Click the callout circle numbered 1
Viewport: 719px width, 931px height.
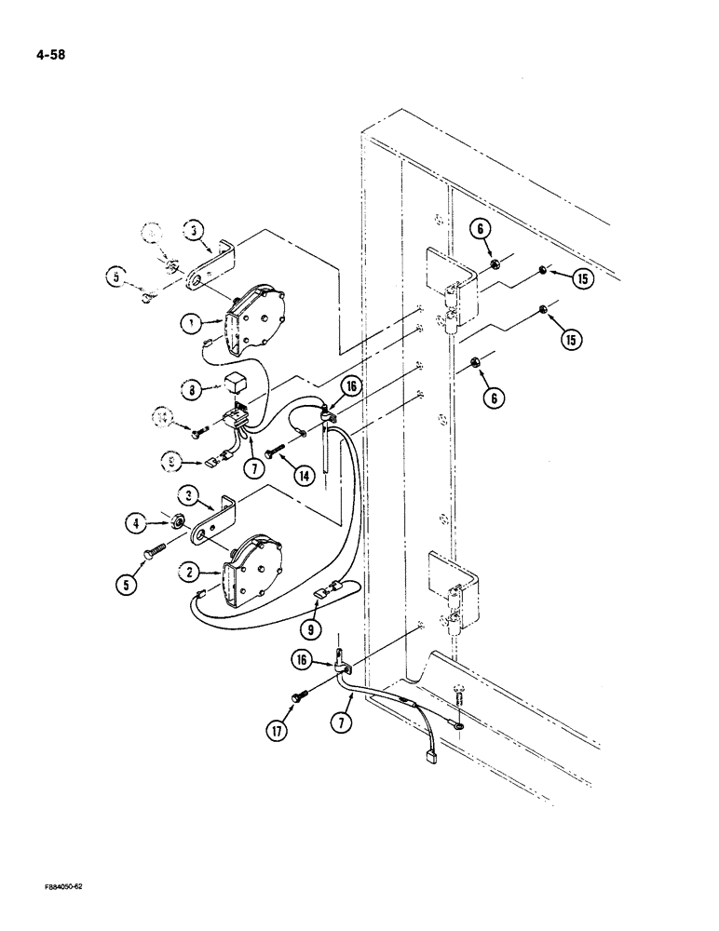pos(192,323)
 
